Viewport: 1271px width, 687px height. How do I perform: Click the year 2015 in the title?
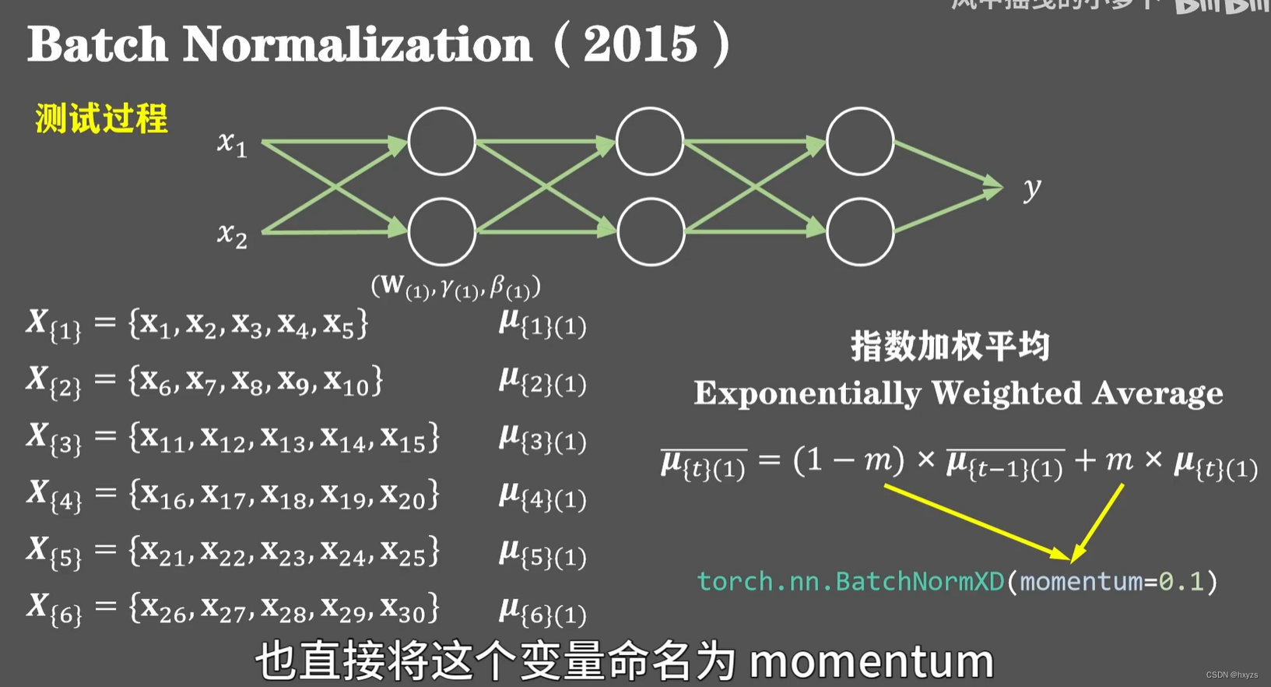pyautogui.click(x=640, y=44)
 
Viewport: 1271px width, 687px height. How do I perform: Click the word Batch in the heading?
pyautogui.click(x=97, y=44)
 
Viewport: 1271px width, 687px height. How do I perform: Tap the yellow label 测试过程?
pyautogui.click(x=101, y=119)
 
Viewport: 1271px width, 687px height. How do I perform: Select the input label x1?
pyautogui.click(x=232, y=143)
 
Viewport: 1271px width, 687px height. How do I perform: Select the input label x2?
pyautogui.click(x=232, y=234)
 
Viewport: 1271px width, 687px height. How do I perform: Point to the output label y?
pyautogui.click(x=1032, y=188)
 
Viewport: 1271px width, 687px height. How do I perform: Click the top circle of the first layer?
pyautogui.click(x=441, y=142)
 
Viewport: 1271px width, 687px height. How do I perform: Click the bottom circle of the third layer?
pyautogui.click(x=859, y=232)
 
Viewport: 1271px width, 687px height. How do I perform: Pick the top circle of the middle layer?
pyautogui.click(x=650, y=142)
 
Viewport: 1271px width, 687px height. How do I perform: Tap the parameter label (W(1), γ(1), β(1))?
pyautogui.click(x=455, y=287)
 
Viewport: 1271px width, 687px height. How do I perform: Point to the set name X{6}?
pyautogui.click(x=53, y=608)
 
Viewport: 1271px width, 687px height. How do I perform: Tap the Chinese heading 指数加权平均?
pyautogui.click(x=950, y=346)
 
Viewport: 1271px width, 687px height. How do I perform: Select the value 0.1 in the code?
pyautogui.click(x=1181, y=581)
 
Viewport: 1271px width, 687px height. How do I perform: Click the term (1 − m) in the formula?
pyautogui.click(x=848, y=461)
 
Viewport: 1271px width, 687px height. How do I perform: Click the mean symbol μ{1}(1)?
pyautogui.click(x=542, y=323)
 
